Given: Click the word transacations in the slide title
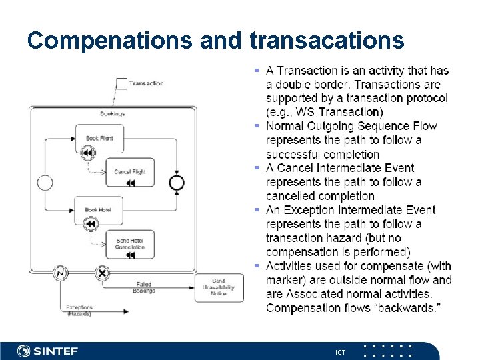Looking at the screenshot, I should pyautogui.click(x=327, y=41).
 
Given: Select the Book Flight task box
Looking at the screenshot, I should pyautogui.click(x=99, y=138).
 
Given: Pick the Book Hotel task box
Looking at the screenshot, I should pyautogui.click(x=98, y=210).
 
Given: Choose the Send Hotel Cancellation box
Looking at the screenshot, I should pyautogui.click(x=129, y=243).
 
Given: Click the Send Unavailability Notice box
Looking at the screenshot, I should pyautogui.click(x=218, y=287).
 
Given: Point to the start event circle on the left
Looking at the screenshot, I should pyautogui.click(x=45, y=182).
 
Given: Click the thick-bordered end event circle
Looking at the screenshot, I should pyautogui.click(x=177, y=182).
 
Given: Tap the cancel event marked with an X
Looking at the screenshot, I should pyautogui.click(x=102, y=272).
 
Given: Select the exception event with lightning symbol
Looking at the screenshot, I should pyautogui.click(x=61, y=272).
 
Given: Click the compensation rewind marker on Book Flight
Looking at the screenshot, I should pyautogui.click(x=87, y=153).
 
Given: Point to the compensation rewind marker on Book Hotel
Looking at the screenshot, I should pyautogui.click(x=90, y=224).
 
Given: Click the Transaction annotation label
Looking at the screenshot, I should pyautogui.click(x=146, y=83).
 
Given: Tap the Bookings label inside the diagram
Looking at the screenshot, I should pyautogui.click(x=112, y=114).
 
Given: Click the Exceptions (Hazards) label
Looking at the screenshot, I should pyautogui.click(x=79, y=310).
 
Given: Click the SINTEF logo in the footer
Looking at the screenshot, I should pyautogui.click(x=47, y=351).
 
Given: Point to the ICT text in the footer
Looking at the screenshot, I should pyautogui.click(x=340, y=351).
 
